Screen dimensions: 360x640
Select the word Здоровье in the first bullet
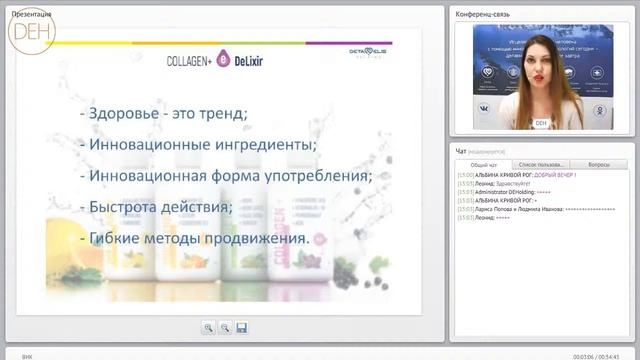[132, 113]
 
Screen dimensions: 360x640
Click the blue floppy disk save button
[242, 327]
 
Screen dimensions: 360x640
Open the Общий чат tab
[485, 164]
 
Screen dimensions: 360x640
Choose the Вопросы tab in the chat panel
[599, 164]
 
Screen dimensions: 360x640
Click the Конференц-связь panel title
[484, 12]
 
